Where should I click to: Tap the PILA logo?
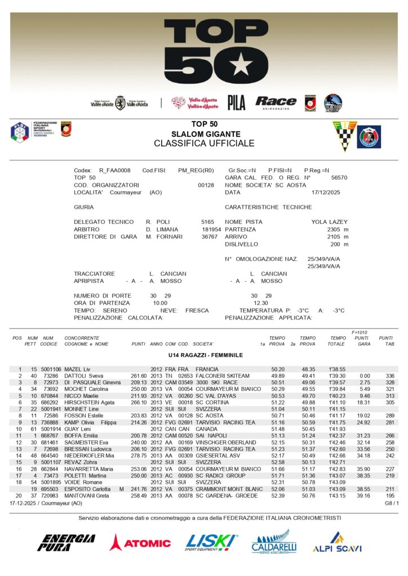click(x=237, y=102)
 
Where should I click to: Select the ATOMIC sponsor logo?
click(x=140, y=543)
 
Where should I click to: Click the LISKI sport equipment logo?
click(x=211, y=542)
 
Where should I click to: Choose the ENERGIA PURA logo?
click(x=66, y=543)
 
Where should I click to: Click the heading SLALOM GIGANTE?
click(x=206, y=134)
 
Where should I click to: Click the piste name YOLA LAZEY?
click(x=330, y=222)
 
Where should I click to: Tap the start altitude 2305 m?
click(x=338, y=229)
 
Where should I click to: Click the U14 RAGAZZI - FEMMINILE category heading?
click(x=205, y=355)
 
